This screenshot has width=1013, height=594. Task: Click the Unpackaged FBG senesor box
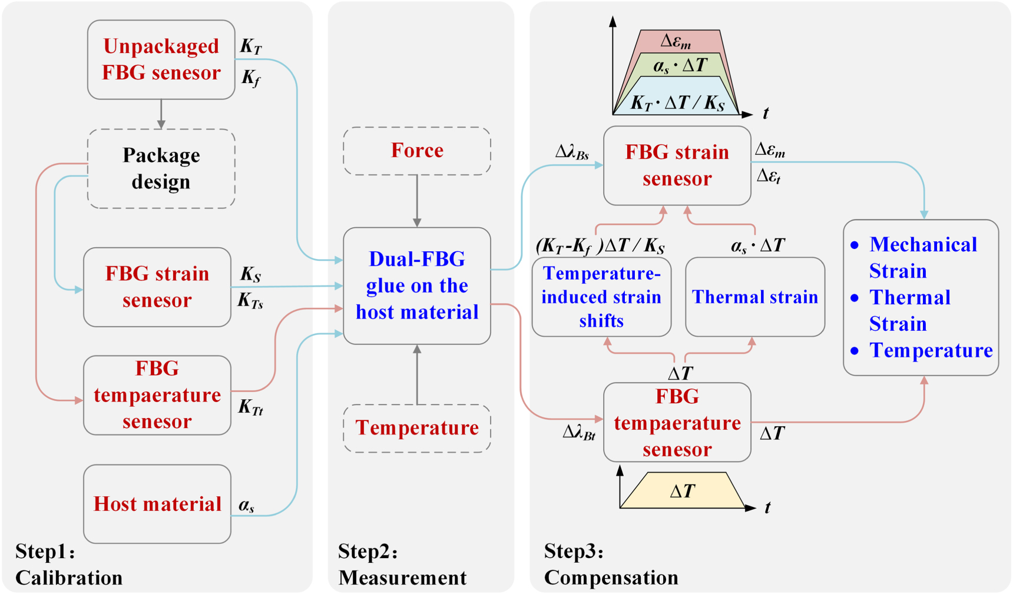[x=161, y=59]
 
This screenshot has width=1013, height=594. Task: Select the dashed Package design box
[x=161, y=168]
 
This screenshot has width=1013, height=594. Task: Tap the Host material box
[x=157, y=504]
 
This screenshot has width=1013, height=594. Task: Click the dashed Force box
[x=417, y=151]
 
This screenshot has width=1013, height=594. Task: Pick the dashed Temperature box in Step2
[x=417, y=428]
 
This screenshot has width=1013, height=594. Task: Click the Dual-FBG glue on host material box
[x=417, y=286]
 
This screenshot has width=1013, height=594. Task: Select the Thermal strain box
[x=755, y=297]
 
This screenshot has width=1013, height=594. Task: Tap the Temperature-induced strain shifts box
[x=601, y=297]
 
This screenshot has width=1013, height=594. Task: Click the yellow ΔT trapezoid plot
[x=683, y=491]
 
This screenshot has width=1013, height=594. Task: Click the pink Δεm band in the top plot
[x=677, y=41]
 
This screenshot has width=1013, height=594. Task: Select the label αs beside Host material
[x=247, y=505]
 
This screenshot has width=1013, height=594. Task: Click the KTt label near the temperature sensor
[x=250, y=407]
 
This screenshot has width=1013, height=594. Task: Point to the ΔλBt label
[x=579, y=433]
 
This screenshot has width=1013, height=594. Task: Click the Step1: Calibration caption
[x=68, y=565]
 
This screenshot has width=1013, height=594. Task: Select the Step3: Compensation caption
[x=611, y=565]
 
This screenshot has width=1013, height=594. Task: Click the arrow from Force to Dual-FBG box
[x=417, y=201]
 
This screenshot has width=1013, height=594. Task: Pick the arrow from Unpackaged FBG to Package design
[x=161, y=114]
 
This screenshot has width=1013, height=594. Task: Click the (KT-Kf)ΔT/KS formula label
[x=600, y=245]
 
